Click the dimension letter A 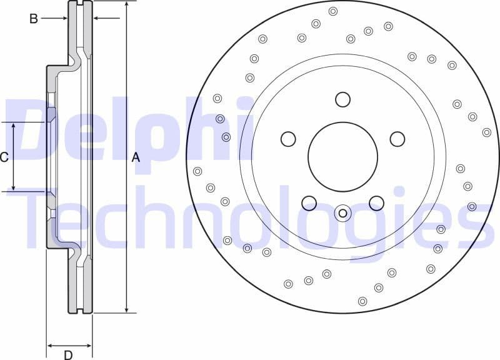[x=136, y=157]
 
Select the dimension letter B [x=34, y=19]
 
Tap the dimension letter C [x=4, y=157]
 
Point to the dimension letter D [x=68, y=355]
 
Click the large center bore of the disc [x=342, y=156]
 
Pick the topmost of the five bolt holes [x=342, y=99]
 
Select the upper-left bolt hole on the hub [x=288, y=139]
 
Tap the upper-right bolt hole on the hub [x=397, y=139]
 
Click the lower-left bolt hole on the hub [x=309, y=203]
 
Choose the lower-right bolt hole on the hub [x=376, y=203]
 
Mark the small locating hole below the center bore [x=342, y=213]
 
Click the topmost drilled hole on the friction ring [x=333, y=11]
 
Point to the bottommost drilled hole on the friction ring [x=362, y=301]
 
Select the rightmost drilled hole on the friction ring [x=487, y=132]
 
